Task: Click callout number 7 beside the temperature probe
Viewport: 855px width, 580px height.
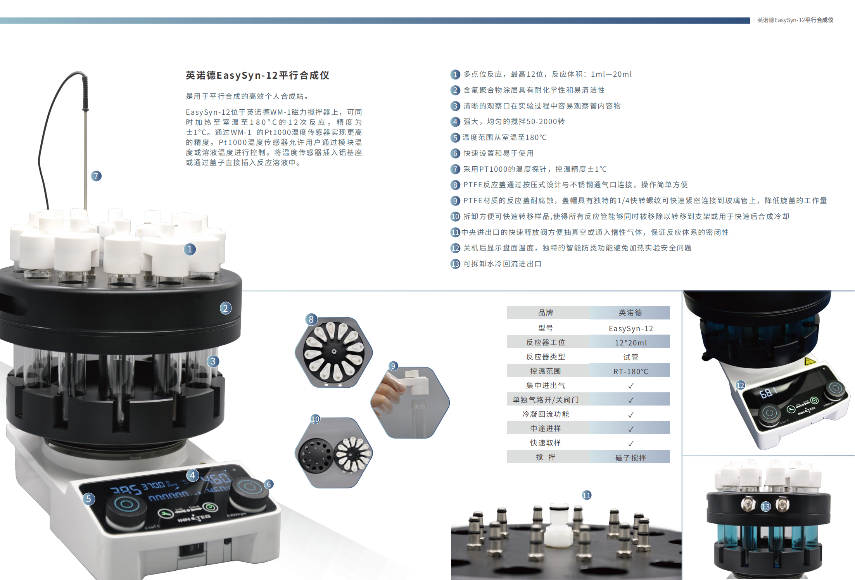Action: (x=96, y=176)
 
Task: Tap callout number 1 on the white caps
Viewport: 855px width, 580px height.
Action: (x=190, y=249)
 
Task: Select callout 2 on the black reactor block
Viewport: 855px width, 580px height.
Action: (x=225, y=308)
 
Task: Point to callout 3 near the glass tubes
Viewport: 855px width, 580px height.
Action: (x=213, y=361)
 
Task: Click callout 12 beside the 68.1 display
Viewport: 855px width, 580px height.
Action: (x=740, y=385)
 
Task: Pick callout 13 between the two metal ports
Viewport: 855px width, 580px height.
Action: (x=765, y=507)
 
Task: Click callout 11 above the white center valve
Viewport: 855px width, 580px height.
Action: (x=587, y=495)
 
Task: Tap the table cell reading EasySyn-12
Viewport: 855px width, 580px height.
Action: (x=631, y=328)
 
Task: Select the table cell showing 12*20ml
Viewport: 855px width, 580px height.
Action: (x=631, y=343)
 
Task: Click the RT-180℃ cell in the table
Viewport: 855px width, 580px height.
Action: (x=631, y=371)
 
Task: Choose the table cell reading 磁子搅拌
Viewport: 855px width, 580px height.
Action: (x=631, y=457)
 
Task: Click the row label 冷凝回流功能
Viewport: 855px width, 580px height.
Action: (x=546, y=414)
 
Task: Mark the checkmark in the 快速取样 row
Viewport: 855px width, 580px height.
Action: (x=631, y=443)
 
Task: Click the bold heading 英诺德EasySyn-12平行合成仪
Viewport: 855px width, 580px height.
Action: (x=257, y=75)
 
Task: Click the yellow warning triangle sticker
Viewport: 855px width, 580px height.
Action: (x=810, y=362)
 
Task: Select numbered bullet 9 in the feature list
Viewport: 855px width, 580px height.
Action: (x=455, y=201)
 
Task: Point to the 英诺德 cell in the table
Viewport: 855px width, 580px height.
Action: (x=630, y=312)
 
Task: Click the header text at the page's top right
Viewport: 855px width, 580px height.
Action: (x=795, y=20)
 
